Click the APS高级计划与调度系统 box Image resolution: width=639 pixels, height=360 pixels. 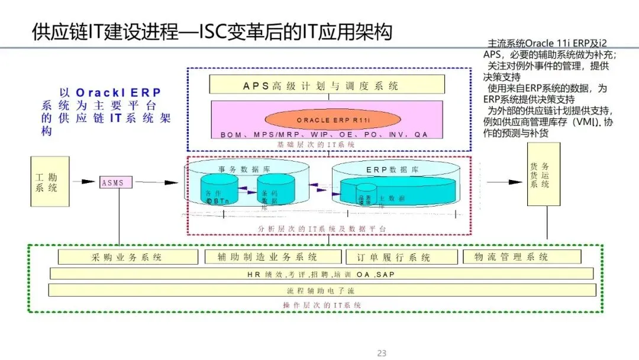(321, 86)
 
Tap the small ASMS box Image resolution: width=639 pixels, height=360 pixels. (115, 182)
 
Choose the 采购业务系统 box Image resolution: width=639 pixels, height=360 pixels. (127, 257)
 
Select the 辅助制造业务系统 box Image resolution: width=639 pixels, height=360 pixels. (273, 257)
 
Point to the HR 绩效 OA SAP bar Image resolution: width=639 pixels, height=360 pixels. (321, 274)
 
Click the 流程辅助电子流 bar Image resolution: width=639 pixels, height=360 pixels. (321, 291)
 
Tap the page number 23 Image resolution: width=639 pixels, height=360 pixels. (382, 353)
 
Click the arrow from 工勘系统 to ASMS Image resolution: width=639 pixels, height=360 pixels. (86, 182)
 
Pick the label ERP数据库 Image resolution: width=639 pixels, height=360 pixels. (392, 169)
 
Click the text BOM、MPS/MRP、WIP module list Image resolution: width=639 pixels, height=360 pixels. (324, 135)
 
